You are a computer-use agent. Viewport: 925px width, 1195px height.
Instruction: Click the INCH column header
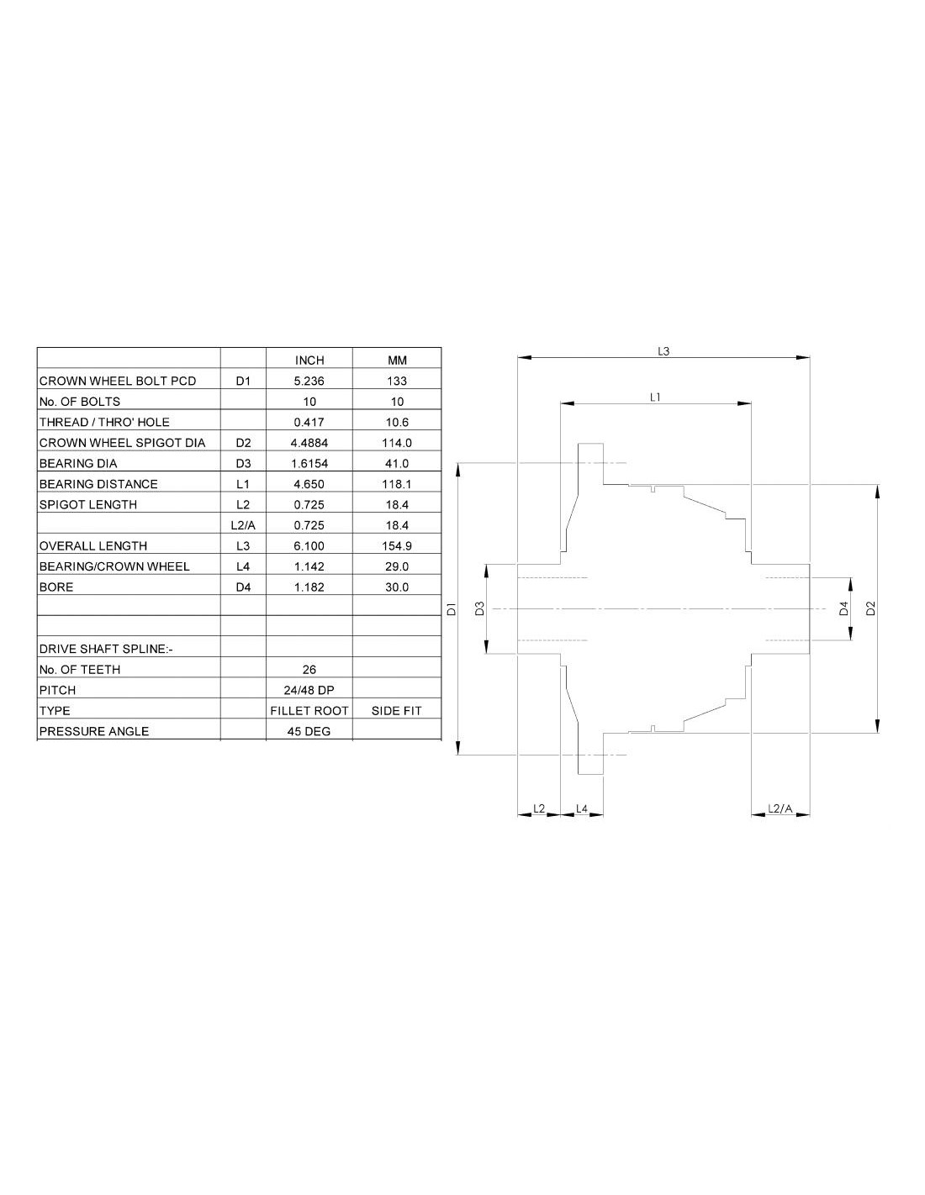(x=309, y=360)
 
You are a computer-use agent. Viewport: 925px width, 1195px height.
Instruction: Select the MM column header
(x=397, y=360)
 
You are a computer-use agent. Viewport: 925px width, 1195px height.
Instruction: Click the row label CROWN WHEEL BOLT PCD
(x=118, y=381)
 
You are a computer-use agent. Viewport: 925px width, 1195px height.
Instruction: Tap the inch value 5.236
(x=309, y=381)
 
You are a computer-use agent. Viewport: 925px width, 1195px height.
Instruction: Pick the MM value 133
(x=397, y=381)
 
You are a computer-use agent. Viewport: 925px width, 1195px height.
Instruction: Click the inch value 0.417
(x=309, y=422)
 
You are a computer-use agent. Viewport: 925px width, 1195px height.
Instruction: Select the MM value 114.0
(x=397, y=443)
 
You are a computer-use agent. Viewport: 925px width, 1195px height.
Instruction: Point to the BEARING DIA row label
(x=78, y=463)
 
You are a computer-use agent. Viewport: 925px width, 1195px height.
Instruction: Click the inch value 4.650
(x=309, y=484)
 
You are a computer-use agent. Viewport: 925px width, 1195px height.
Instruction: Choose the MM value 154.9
(x=397, y=546)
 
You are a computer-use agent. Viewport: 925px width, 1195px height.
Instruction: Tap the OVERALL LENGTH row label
(x=93, y=546)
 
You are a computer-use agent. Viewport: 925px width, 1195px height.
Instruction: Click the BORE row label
(x=56, y=587)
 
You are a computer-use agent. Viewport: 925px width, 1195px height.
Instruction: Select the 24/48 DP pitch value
(x=309, y=690)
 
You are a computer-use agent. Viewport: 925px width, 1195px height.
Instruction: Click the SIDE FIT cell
(x=397, y=711)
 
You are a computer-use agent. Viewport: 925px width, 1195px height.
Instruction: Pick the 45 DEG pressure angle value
(x=309, y=731)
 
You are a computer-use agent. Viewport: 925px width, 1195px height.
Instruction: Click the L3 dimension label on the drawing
(x=663, y=351)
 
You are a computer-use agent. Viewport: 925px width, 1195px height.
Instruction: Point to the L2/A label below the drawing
(x=780, y=808)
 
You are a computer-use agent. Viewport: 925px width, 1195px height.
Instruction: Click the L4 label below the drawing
(x=582, y=808)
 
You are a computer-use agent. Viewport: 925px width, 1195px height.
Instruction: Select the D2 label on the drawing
(x=871, y=608)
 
